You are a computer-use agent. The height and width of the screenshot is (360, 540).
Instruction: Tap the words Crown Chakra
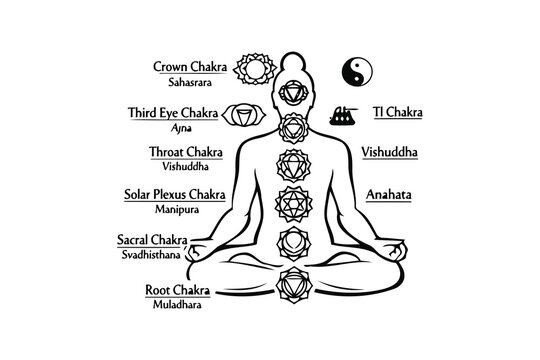190,67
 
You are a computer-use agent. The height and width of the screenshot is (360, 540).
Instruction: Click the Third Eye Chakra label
176,113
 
